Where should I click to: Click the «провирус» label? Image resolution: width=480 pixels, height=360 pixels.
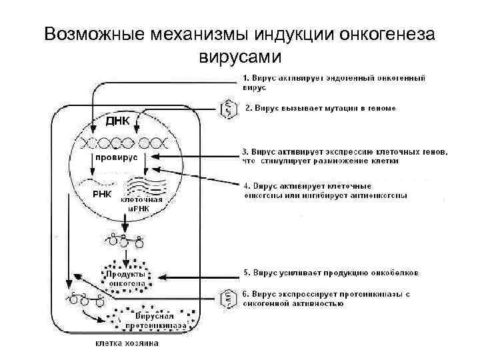[115, 157]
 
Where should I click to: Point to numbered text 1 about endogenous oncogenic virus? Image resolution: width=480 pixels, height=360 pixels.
[333, 82]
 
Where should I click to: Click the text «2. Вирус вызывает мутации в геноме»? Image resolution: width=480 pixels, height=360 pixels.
[321, 107]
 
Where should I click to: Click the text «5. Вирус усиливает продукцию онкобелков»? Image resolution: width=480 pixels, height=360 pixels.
[330, 273]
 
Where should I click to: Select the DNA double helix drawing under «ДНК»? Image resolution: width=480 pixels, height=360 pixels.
[123, 142]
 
